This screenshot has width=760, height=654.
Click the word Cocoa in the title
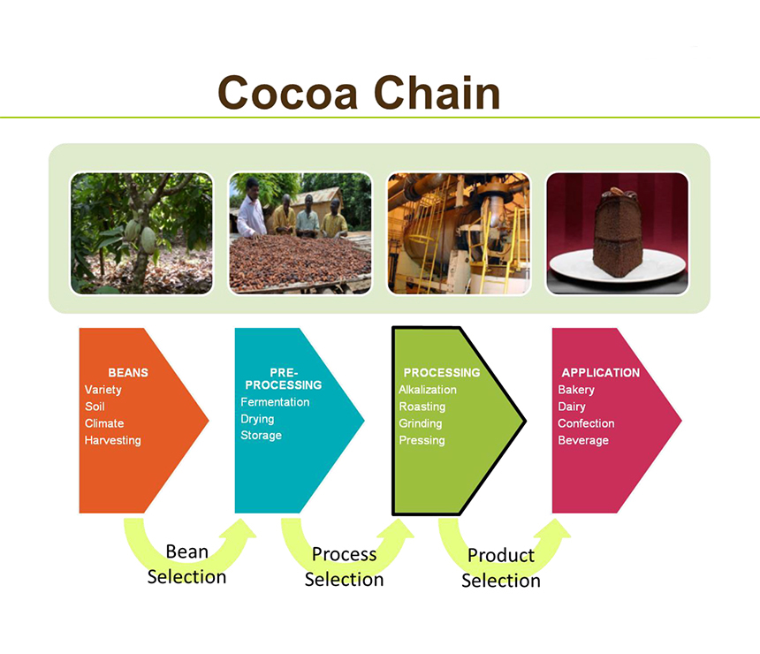pyautogui.click(x=288, y=93)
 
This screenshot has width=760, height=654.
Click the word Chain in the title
pyautogui.click(x=437, y=92)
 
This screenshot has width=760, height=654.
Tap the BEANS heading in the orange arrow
pyautogui.click(x=128, y=372)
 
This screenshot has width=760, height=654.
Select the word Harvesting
pyautogui.click(x=113, y=440)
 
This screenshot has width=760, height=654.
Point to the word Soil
pyautogui.click(x=95, y=407)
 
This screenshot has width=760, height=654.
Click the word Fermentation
pyautogui.click(x=275, y=402)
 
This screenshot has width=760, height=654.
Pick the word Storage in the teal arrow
pyautogui.click(x=262, y=436)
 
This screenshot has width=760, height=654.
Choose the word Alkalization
pyautogui.click(x=428, y=389)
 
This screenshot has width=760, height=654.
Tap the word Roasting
pyautogui.click(x=422, y=407)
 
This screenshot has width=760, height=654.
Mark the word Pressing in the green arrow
pyautogui.click(x=422, y=440)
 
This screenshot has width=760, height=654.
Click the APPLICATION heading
pyautogui.click(x=601, y=372)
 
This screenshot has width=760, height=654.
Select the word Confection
pyautogui.click(x=586, y=423)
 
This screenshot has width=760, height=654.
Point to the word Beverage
pyautogui.click(x=583, y=440)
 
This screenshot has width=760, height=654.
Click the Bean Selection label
pyautogui.click(x=186, y=565)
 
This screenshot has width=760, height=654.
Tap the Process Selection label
pyautogui.click(x=344, y=567)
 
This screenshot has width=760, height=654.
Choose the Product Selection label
pyautogui.click(x=501, y=567)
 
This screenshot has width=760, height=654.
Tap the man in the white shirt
pyautogui.click(x=251, y=209)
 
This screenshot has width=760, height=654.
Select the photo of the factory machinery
pyautogui.click(x=459, y=233)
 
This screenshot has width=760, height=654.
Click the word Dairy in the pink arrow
pyautogui.click(x=572, y=407)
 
